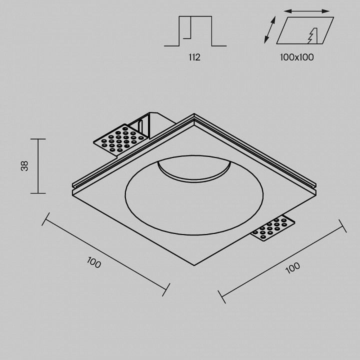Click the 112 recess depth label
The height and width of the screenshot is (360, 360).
point(194,57)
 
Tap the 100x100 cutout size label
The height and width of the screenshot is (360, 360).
point(296,57)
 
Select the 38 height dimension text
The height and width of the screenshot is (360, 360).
point(24,166)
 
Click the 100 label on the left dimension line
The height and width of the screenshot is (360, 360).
point(94,262)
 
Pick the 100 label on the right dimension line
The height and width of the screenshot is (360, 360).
point(292,268)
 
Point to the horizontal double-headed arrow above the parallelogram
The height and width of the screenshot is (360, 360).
point(306,11)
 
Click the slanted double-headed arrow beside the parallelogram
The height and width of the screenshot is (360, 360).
point(269,30)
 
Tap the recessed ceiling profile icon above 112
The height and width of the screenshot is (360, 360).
point(195,31)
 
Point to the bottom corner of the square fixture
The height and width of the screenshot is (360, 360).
point(194,265)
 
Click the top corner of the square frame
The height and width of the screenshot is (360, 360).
point(194,113)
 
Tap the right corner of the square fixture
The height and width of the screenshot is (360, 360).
point(316,190)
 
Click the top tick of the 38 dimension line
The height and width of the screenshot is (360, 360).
point(38,139)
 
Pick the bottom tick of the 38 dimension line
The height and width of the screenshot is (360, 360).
point(38,193)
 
